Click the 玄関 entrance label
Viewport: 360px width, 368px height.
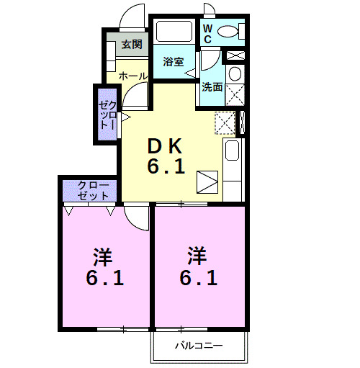pos(131,45)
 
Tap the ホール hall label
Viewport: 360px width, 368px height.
pos(132,76)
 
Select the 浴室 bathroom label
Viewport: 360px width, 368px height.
pos(173,61)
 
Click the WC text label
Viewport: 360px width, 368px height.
pos(207,34)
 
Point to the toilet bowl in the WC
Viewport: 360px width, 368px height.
pos(229,31)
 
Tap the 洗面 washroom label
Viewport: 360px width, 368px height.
pos(212,88)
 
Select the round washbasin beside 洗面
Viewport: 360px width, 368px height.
pos(234,74)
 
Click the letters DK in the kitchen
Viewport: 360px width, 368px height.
pos(166,145)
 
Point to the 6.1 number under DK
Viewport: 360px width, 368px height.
pos(166,168)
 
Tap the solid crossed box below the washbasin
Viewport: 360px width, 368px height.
pos(234,94)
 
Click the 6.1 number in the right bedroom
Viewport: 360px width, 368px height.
pos(199,277)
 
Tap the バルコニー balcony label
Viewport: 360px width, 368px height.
pos(198,346)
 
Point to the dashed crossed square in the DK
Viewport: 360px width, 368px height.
pos(225,123)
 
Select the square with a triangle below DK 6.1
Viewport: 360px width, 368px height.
pos(207,181)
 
